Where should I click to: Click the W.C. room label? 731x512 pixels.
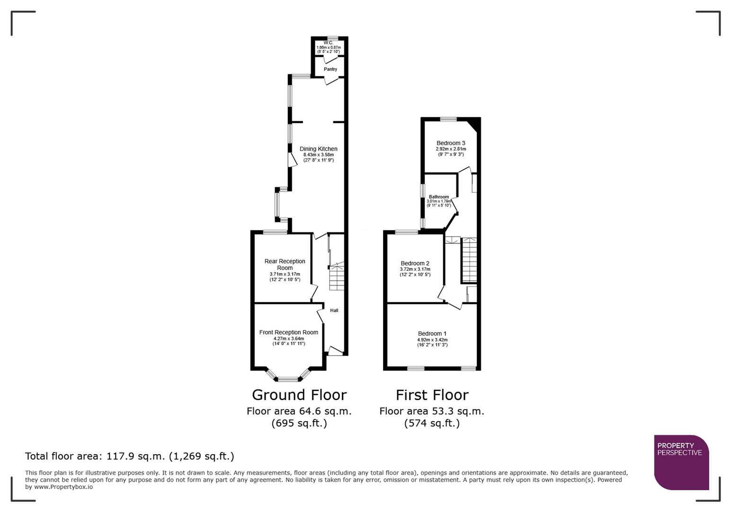click(329, 43)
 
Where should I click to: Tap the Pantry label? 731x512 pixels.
click(330, 69)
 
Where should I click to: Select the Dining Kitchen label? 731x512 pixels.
click(319, 149)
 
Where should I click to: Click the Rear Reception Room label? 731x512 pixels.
click(285, 265)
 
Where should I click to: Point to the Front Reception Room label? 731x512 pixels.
click(289, 332)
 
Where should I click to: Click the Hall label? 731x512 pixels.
click(334, 311)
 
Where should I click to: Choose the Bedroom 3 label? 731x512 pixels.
click(451, 143)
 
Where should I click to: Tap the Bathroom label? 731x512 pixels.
click(439, 197)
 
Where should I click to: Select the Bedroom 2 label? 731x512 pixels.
click(415, 264)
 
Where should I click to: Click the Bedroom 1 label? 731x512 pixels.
click(432, 334)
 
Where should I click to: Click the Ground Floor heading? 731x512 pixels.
click(299, 395)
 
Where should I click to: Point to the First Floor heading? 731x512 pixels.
click(432, 395)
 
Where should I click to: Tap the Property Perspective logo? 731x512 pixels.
click(681, 462)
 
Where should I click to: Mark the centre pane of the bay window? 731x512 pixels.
click(288, 379)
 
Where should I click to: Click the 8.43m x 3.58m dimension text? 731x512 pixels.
click(319, 155)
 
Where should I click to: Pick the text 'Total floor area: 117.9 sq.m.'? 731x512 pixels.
click(95, 456)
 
